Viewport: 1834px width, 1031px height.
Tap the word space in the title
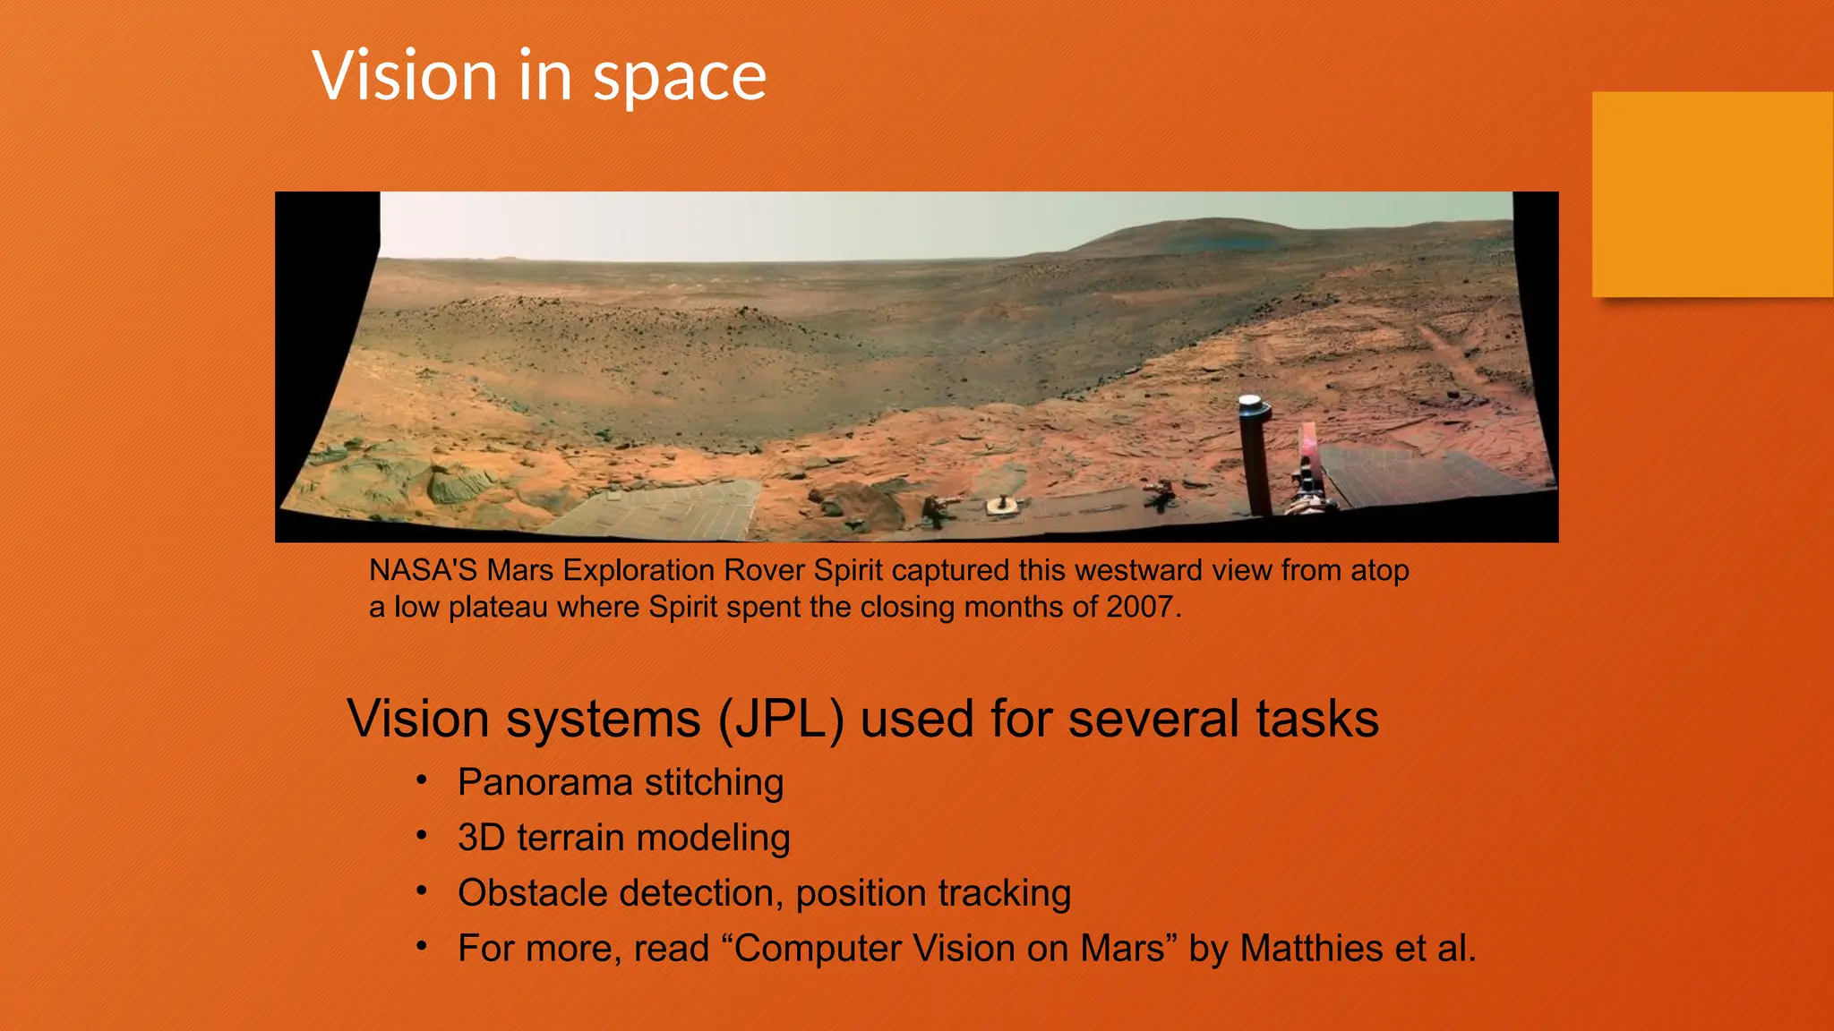coord(679,79)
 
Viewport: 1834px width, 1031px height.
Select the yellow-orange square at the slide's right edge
coord(1711,194)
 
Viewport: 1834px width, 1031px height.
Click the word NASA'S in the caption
coord(423,570)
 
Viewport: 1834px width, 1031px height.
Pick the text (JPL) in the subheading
coord(781,719)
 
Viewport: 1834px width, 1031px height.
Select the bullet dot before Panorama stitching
coord(422,780)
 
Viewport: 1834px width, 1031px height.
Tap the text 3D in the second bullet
coord(481,838)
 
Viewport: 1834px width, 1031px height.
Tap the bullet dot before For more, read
coord(422,946)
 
